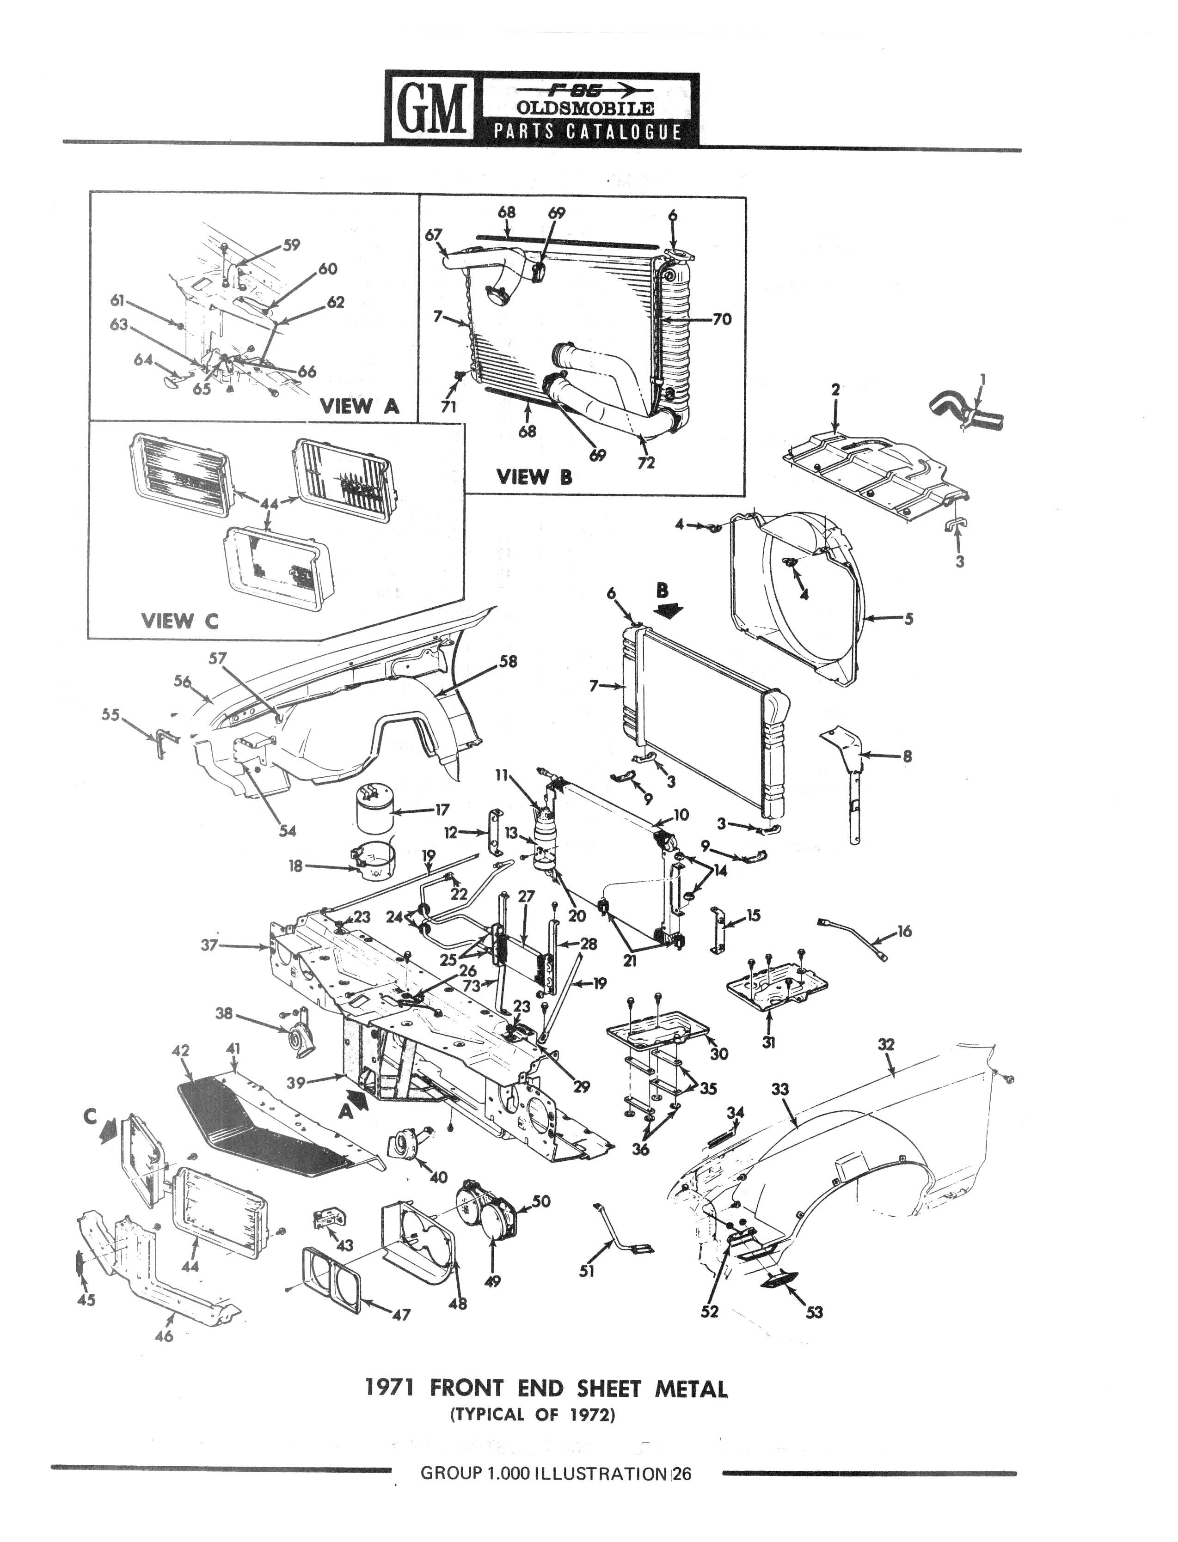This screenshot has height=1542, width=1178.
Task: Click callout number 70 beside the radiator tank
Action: click(x=722, y=320)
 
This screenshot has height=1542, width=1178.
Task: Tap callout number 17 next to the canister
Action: click(x=442, y=810)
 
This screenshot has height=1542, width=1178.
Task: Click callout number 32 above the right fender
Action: click(x=886, y=1044)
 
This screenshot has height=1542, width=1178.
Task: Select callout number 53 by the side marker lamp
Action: click(x=814, y=1312)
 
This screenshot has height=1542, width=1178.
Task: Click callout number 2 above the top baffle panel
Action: click(x=835, y=390)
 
